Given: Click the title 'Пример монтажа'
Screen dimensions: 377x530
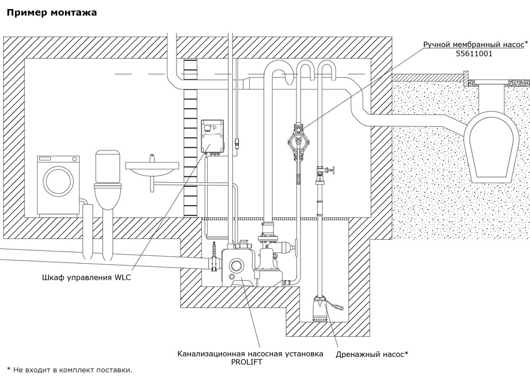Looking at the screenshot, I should coord(51,13).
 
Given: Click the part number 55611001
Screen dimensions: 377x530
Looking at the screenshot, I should coord(475,54).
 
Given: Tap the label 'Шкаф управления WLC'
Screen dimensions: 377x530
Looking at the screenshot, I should coord(86,277).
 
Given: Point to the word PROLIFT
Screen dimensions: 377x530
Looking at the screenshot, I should coord(250,362).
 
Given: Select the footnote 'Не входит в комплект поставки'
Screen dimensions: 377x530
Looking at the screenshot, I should coord(72,370).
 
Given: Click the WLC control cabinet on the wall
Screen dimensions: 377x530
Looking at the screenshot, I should coord(215,137).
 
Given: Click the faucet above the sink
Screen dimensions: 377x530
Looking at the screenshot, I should coord(151,157).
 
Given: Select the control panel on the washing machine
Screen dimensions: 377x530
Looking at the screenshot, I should coord(58,159).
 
